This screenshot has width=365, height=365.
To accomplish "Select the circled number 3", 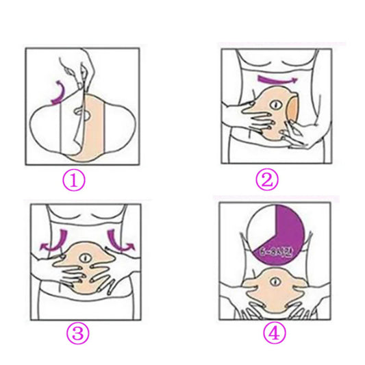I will (77, 333).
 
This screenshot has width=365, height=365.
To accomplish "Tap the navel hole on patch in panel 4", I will (273, 282).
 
